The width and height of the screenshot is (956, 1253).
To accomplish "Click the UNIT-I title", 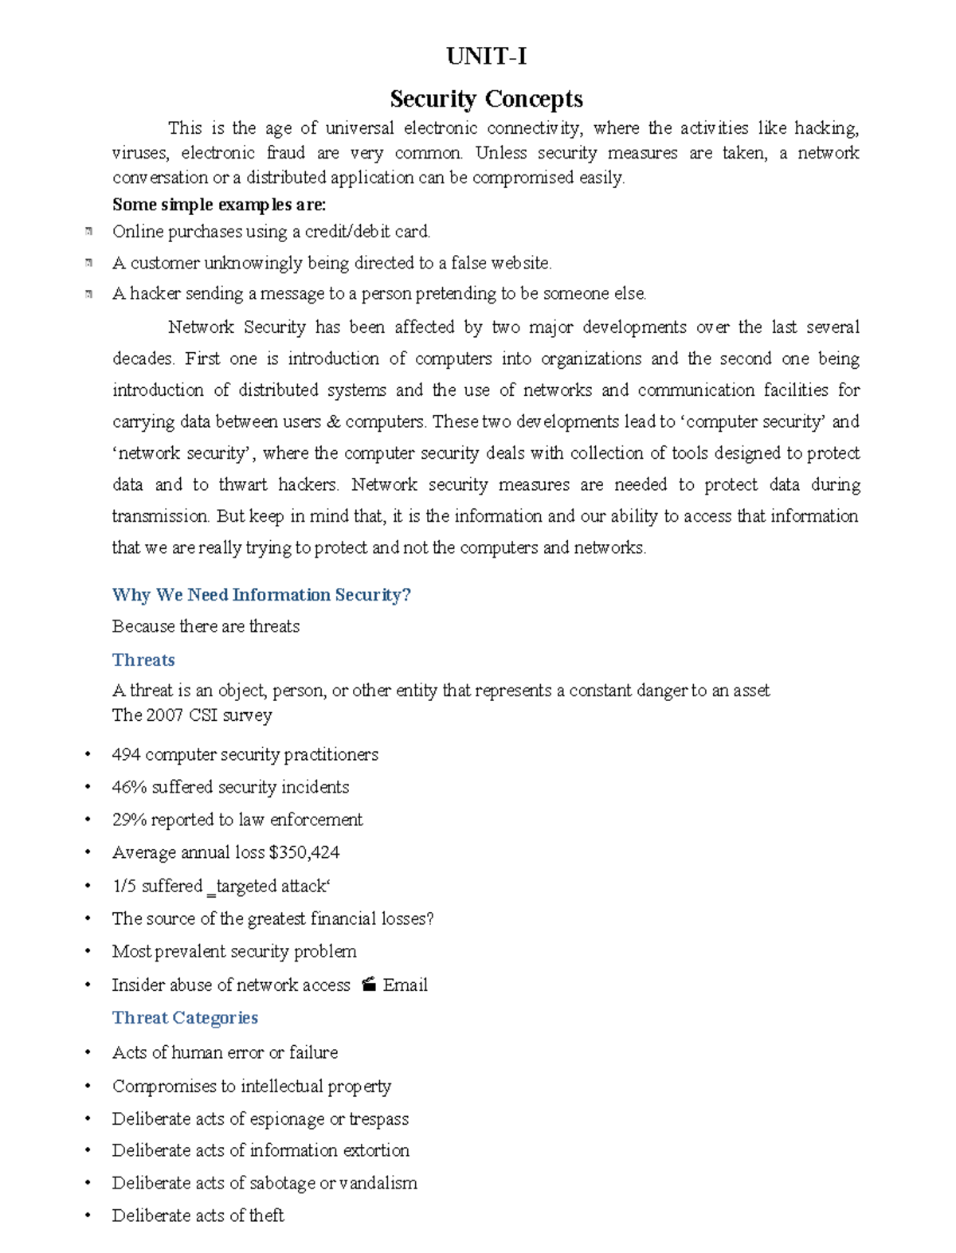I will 486,57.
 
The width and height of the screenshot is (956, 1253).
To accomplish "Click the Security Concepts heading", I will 486,99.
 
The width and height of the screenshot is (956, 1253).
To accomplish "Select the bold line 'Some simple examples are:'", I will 219,205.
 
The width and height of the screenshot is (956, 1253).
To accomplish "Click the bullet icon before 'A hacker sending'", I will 88,294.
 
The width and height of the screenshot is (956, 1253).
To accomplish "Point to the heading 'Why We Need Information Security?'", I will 261,595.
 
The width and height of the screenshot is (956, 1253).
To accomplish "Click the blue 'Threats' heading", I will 143,660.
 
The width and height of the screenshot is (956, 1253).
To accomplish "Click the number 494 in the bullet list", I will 126,754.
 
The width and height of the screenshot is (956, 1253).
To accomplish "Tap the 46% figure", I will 129,787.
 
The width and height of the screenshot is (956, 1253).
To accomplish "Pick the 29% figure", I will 129,820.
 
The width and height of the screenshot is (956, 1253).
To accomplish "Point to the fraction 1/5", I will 123,886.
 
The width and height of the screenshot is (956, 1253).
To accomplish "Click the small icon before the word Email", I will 368,985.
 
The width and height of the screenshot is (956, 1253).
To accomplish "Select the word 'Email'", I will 405,985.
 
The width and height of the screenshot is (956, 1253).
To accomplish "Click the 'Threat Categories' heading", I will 185,1018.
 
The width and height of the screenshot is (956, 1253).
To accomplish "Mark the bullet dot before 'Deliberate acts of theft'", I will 88,1216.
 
